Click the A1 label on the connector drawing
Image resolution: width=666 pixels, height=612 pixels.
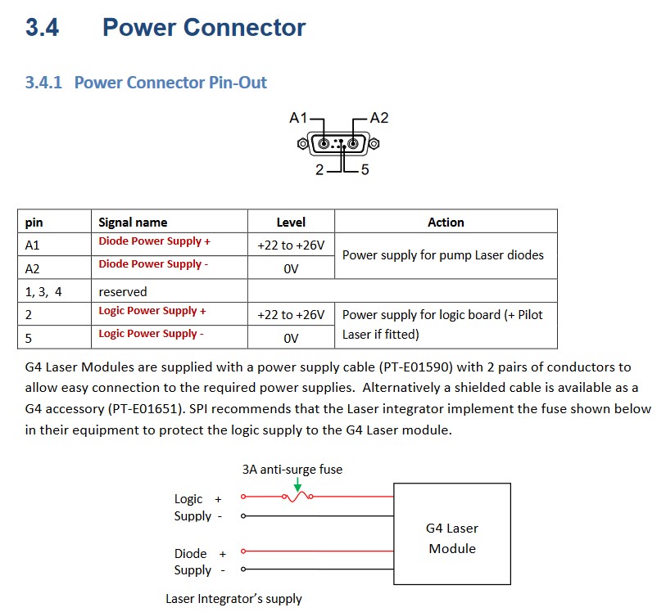tap(297, 118)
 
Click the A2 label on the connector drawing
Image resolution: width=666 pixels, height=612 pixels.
tap(379, 118)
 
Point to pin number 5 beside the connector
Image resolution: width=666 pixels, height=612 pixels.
tap(365, 169)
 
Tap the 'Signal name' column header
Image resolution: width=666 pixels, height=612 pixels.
tap(133, 223)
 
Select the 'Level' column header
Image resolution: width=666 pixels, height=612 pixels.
tap(291, 223)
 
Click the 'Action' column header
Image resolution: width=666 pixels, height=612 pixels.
tap(446, 223)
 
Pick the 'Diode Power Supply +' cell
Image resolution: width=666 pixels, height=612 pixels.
tap(155, 241)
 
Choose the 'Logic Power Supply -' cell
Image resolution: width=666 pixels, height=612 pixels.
tap(152, 334)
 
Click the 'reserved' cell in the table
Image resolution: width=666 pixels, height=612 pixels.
tap(123, 292)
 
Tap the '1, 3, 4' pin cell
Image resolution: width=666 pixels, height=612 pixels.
tap(43, 292)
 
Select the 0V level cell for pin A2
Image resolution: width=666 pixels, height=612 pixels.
tap(291, 269)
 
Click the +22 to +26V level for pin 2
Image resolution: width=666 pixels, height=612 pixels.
tap(291, 315)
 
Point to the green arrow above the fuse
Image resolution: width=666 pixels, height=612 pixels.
tap(297, 484)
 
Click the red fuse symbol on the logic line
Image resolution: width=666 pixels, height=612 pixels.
tap(297, 497)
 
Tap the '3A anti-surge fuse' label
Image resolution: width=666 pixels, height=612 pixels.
tap(292, 470)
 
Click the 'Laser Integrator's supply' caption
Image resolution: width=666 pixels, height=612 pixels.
tap(233, 599)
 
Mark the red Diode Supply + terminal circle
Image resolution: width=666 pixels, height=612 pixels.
tap(243, 551)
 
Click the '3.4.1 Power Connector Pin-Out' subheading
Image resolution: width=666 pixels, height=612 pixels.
tap(146, 83)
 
